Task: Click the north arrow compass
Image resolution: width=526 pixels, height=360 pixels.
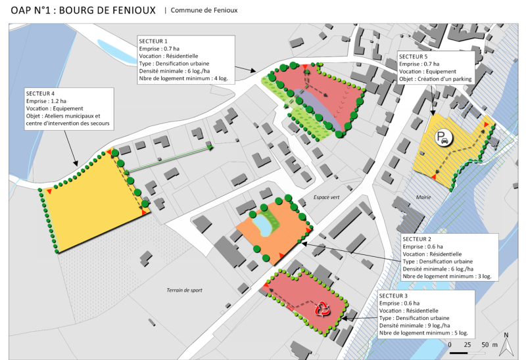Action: [506, 344]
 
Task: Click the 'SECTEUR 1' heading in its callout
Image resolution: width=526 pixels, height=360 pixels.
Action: [153, 41]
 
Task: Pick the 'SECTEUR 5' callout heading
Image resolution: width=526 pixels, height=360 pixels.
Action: [414, 57]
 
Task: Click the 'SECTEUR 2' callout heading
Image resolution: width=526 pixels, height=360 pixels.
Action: [417, 238]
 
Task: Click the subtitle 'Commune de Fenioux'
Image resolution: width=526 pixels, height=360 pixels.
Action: [204, 11]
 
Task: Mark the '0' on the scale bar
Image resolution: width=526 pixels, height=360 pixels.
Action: [450, 344]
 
